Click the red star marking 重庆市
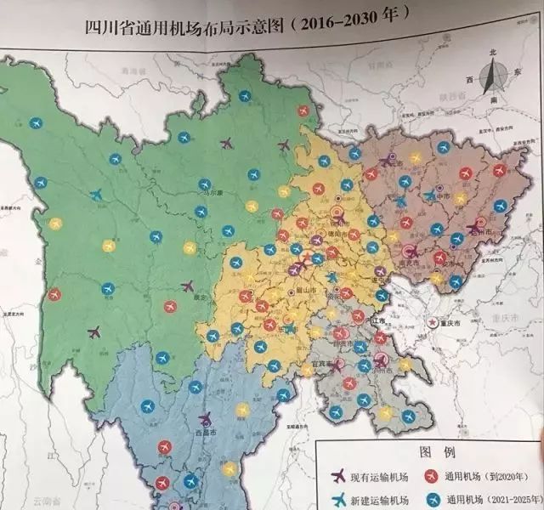[x=433, y=323]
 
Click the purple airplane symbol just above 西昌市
[x=205, y=418]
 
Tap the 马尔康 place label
[x=224, y=193]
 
